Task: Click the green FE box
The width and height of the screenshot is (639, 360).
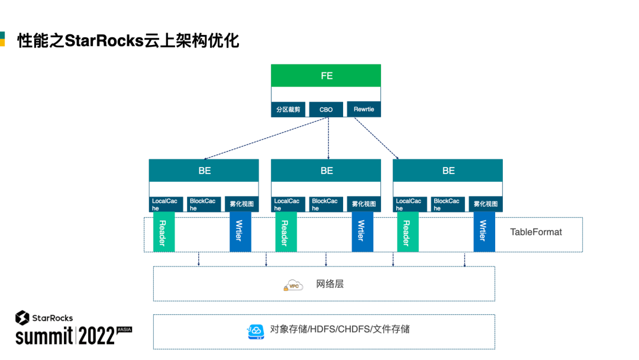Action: [326, 76]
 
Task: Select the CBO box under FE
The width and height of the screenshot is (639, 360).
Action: [326, 110]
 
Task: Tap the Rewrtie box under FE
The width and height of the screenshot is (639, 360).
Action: [363, 110]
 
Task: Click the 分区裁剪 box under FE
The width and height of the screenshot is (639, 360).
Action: [288, 110]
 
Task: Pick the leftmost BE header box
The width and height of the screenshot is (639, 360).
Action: [204, 171]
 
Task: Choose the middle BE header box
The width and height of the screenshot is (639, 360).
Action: [326, 171]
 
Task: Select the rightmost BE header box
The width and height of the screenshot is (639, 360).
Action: [448, 171]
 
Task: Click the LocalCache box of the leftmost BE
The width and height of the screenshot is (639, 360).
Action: [166, 204]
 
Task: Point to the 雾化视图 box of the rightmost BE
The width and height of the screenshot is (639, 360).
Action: [485, 204]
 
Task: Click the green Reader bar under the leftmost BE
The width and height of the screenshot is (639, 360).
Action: [163, 232]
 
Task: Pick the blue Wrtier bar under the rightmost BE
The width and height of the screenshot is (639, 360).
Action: [484, 232]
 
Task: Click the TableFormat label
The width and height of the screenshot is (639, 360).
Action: [536, 232]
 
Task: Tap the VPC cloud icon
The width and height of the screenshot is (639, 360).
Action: [293, 285]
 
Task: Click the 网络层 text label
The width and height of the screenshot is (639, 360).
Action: [330, 284]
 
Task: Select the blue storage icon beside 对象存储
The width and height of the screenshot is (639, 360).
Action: [256, 332]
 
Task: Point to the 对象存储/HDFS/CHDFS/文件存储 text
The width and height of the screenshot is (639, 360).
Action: [340, 329]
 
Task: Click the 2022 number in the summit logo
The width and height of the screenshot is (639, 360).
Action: [96, 336]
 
